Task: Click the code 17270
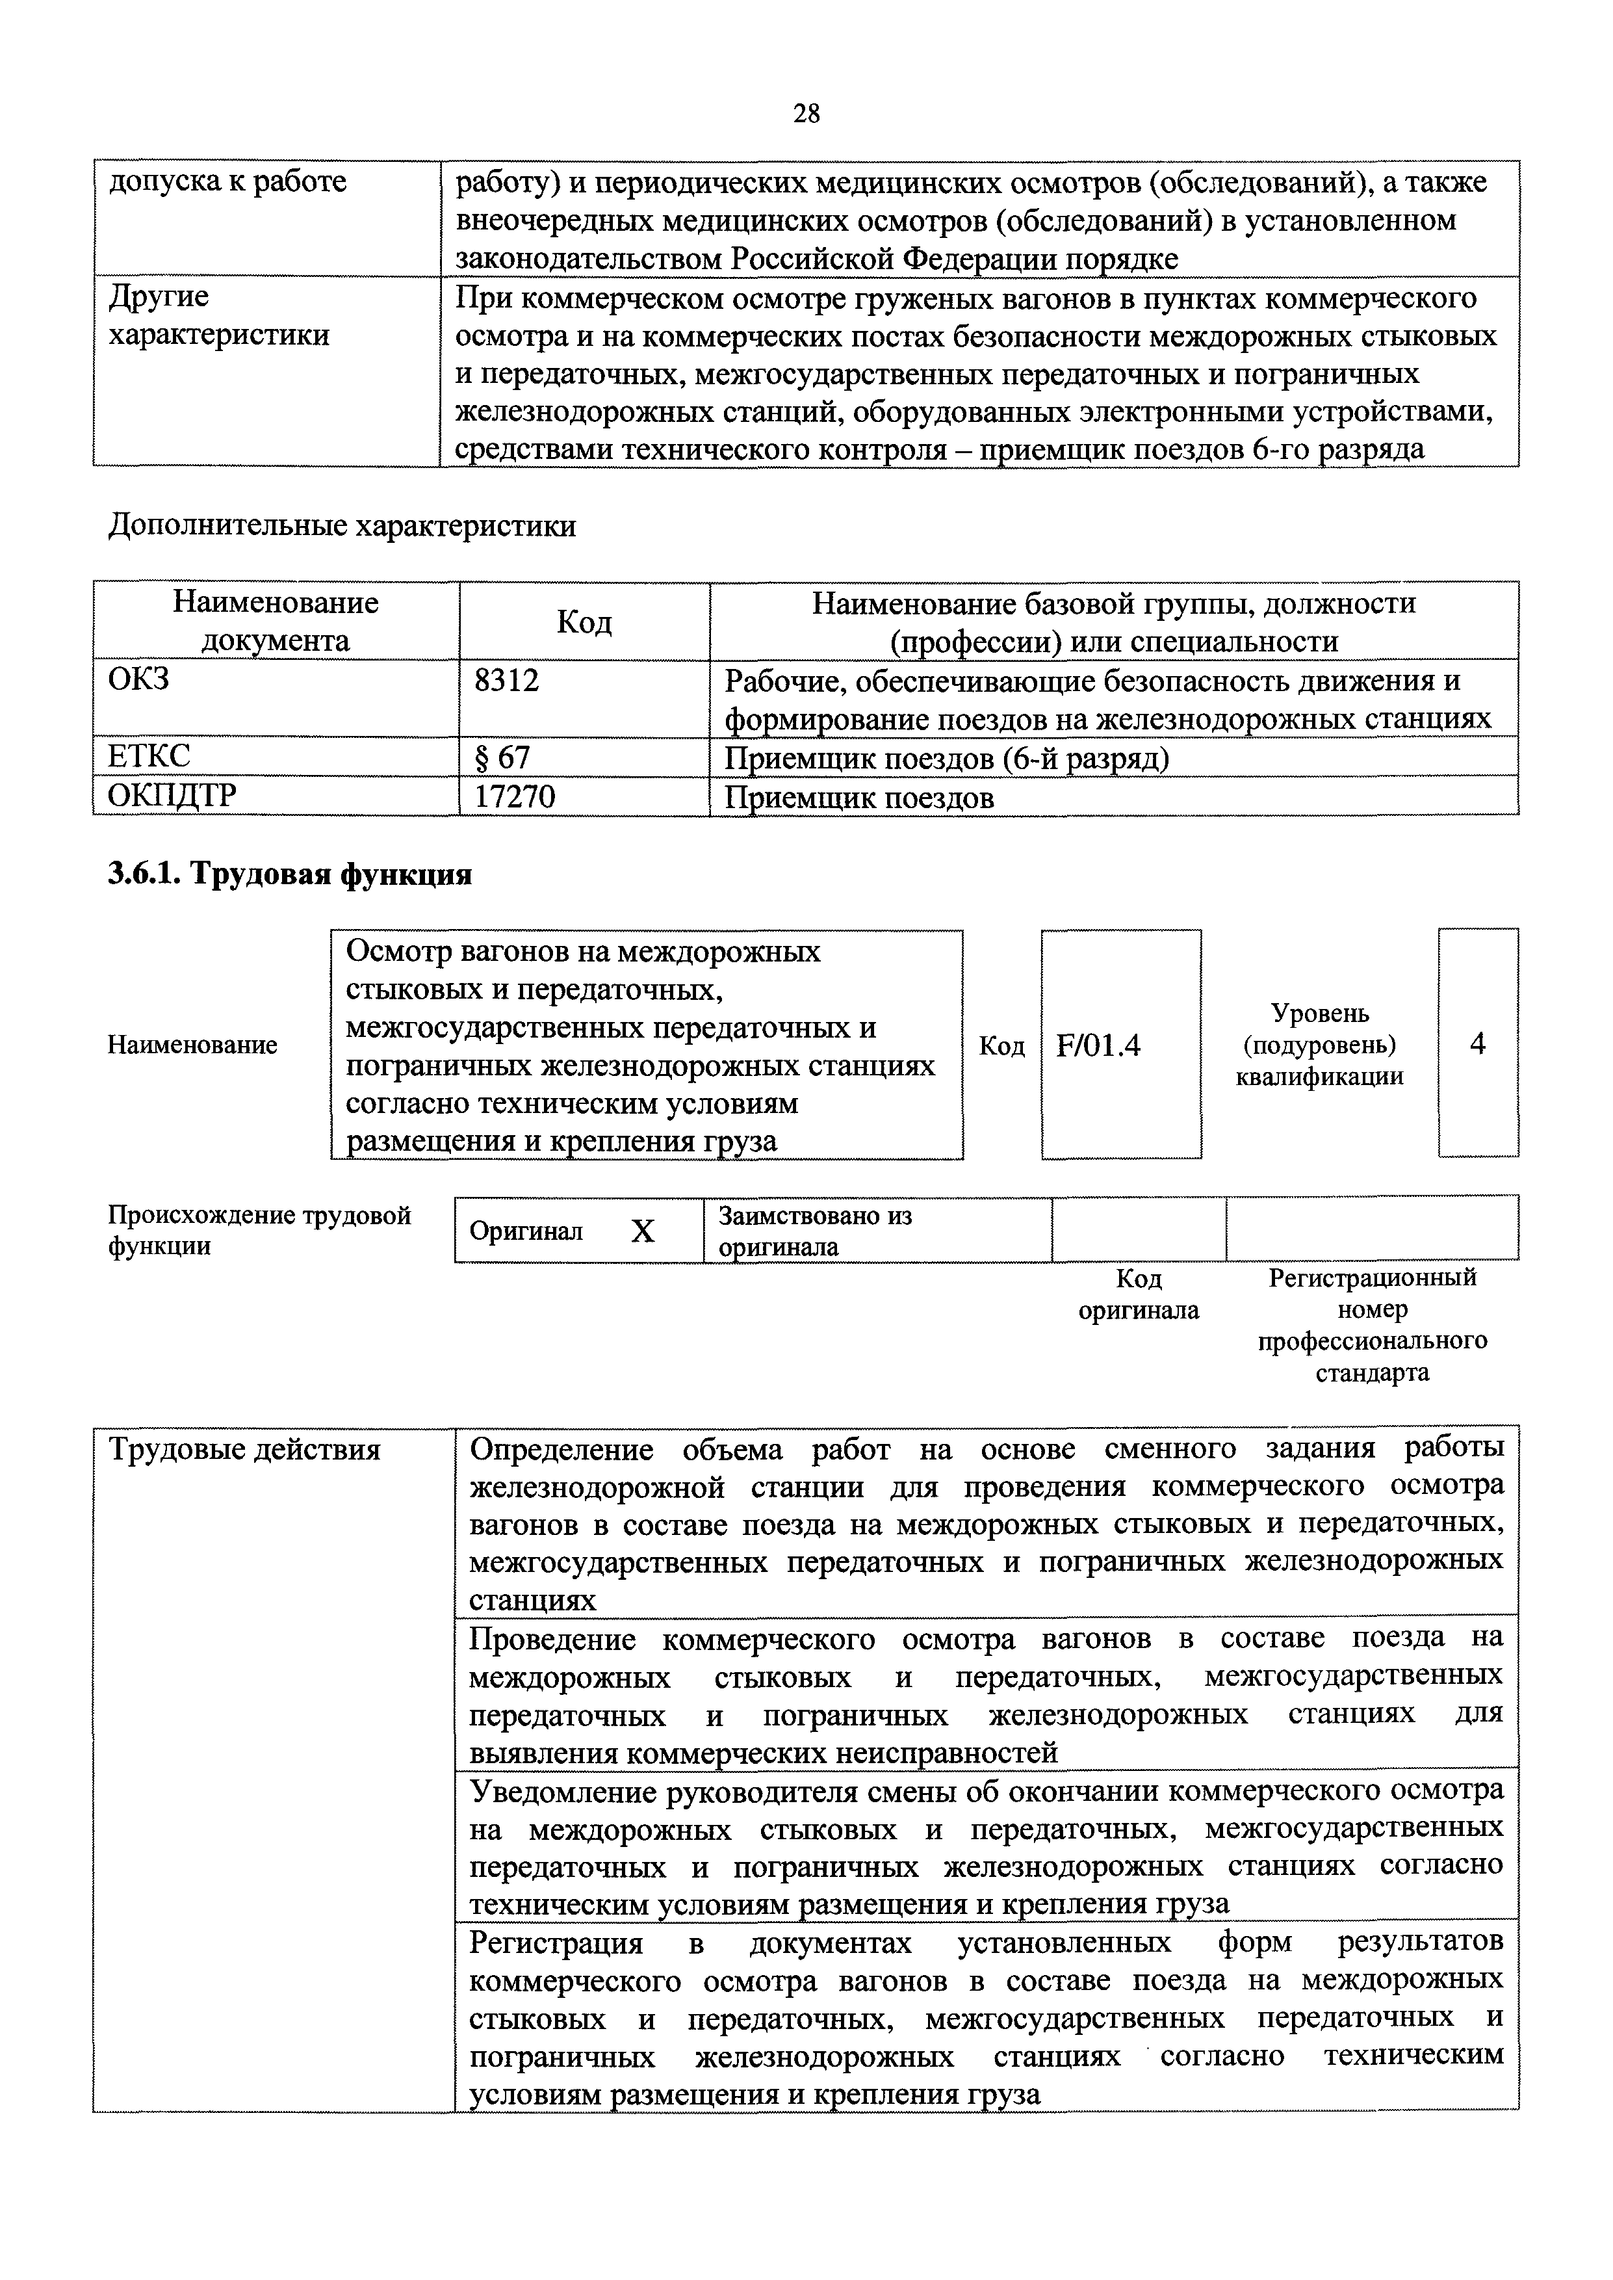point(515,797)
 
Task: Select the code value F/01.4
point(1098,1045)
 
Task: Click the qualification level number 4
point(1478,1044)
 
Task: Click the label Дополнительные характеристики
point(342,525)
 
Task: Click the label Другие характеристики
point(218,316)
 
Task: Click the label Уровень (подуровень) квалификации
point(1319,1044)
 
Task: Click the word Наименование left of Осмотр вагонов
point(192,1045)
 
